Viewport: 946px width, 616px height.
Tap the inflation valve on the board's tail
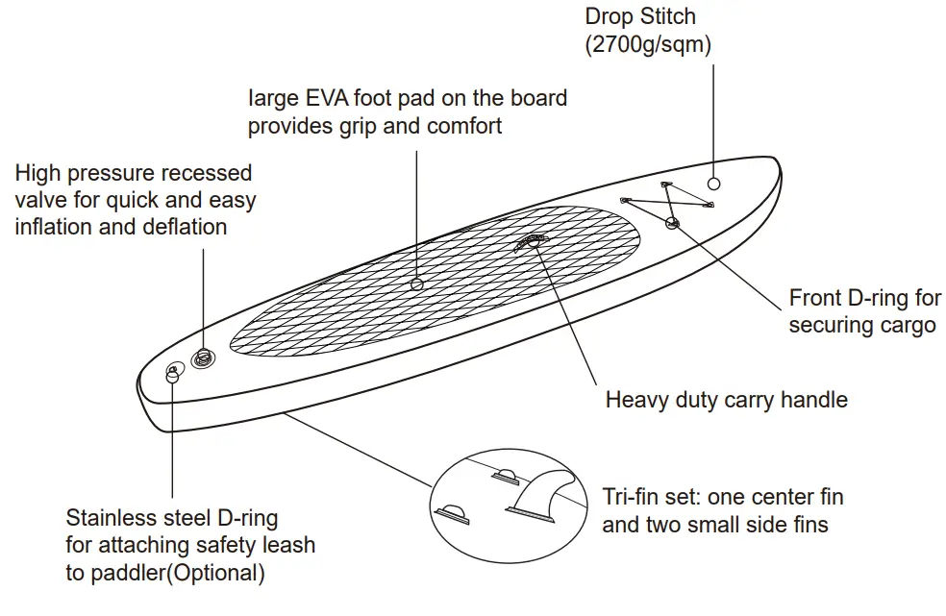(x=203, y=358)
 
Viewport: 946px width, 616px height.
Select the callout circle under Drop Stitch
(x=713, y=184)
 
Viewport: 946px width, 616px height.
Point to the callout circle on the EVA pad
(x=416, y=284)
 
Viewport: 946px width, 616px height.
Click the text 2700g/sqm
(x=649, y=44)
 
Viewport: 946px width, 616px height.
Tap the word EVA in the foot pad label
(x=327, y=98)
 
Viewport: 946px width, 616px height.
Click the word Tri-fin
(x=631, y=497)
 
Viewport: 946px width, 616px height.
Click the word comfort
(x=464, y=126)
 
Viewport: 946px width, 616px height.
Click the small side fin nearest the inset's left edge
(x=452, y=514)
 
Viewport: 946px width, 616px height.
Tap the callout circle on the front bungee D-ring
(x=671, y=223)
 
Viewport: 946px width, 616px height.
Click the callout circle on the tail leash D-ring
(x=172, y=377)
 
